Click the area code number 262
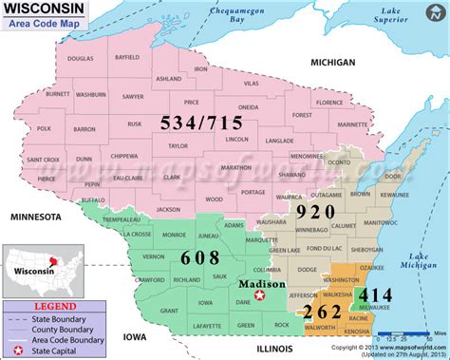(x=320, y=311)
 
